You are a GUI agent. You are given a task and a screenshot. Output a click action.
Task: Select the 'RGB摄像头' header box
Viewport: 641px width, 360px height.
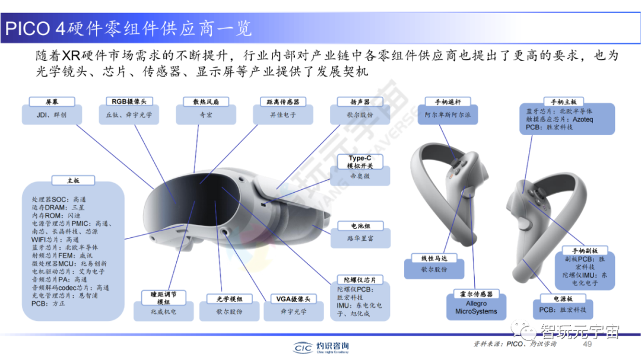pyautogui.click(x=129, y=102)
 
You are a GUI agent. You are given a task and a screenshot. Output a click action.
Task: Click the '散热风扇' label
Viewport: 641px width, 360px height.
pyautogui.click(x=206, y=102)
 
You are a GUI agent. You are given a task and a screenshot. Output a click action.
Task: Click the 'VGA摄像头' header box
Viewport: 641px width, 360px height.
pyautogui.click(x=293, y=299)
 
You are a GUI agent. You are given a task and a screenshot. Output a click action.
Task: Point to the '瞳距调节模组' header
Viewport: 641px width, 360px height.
pyautogui.click(x=159, y=298)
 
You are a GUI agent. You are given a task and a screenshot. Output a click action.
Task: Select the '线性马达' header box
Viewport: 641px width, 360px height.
pyautogui.click(x=434, y=258)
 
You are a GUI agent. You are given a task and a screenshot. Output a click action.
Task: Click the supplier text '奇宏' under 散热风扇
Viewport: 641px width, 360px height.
pyautogui.click(x=206, y=115)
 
